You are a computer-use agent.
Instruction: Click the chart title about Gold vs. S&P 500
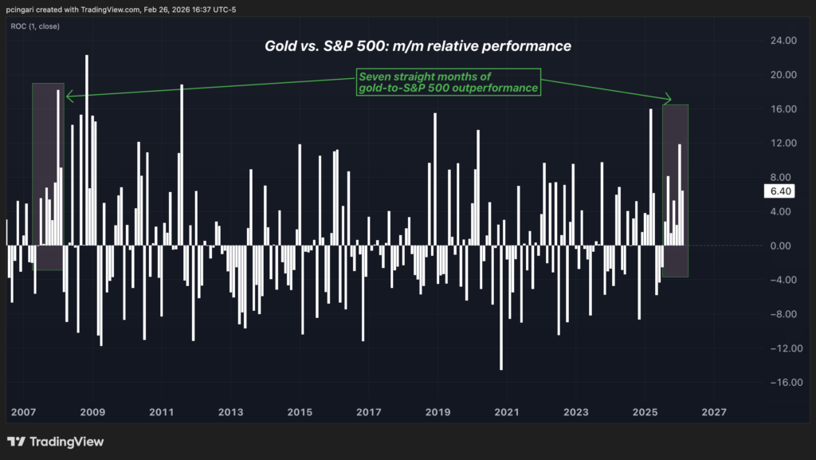[x=418, y=46]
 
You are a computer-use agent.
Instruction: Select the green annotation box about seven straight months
[x=448, y=82]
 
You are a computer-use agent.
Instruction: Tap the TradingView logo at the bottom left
[x=56, y=442]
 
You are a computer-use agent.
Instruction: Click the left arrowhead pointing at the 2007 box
[x=69, y=97]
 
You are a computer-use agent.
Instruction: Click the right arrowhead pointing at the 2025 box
[x=669, y=100]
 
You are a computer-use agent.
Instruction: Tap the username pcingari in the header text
[x=24, y=9]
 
